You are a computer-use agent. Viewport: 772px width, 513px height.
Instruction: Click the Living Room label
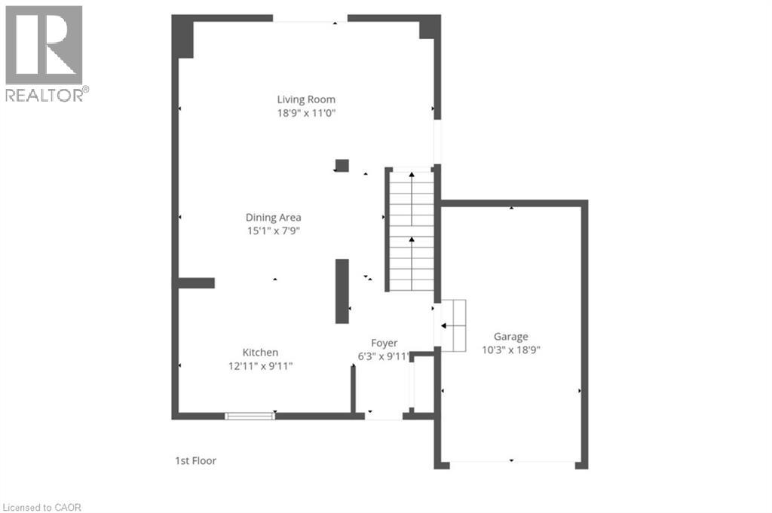pyautogui.click(x=305, y=99)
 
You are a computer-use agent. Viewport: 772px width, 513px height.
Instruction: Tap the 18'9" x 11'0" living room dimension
pyautogui.click(x=305, y=113)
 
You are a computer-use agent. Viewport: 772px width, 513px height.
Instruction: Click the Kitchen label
pyautogui.click(x=260, y=353)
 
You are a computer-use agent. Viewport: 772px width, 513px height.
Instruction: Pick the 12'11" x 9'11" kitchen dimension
pyautogui.click(x=260, y=366)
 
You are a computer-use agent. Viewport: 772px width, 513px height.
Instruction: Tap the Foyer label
pyautogui.click(x=384, y=343)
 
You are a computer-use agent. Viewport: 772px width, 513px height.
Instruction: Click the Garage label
pyautogui.click(x=510, y=337)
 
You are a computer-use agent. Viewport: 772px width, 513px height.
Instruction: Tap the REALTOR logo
pyautogui.click(x=44, y=53)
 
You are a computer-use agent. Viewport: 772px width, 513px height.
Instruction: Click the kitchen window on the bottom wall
pyautogui.click(x=250, y=415)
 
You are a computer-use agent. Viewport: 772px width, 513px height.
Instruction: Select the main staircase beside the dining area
pyautogui.click(x=412, y=230)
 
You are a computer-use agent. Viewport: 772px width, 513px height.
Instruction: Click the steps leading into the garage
pyautogui.click(x=453, y=325)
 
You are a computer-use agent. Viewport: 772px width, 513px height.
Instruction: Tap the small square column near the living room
pyautogui.click(x=342, y=166)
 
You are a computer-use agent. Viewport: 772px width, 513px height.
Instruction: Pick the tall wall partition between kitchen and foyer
pyautogui.click(x=342, y=291)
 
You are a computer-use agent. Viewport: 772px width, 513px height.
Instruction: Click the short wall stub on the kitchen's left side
pyautogui.click(x=197, y=283)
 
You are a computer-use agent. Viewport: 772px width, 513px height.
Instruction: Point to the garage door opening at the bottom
pyautogui.click(x=511, y=463)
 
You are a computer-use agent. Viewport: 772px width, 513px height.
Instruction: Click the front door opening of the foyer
pyautogui.click(x=384, y=416)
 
